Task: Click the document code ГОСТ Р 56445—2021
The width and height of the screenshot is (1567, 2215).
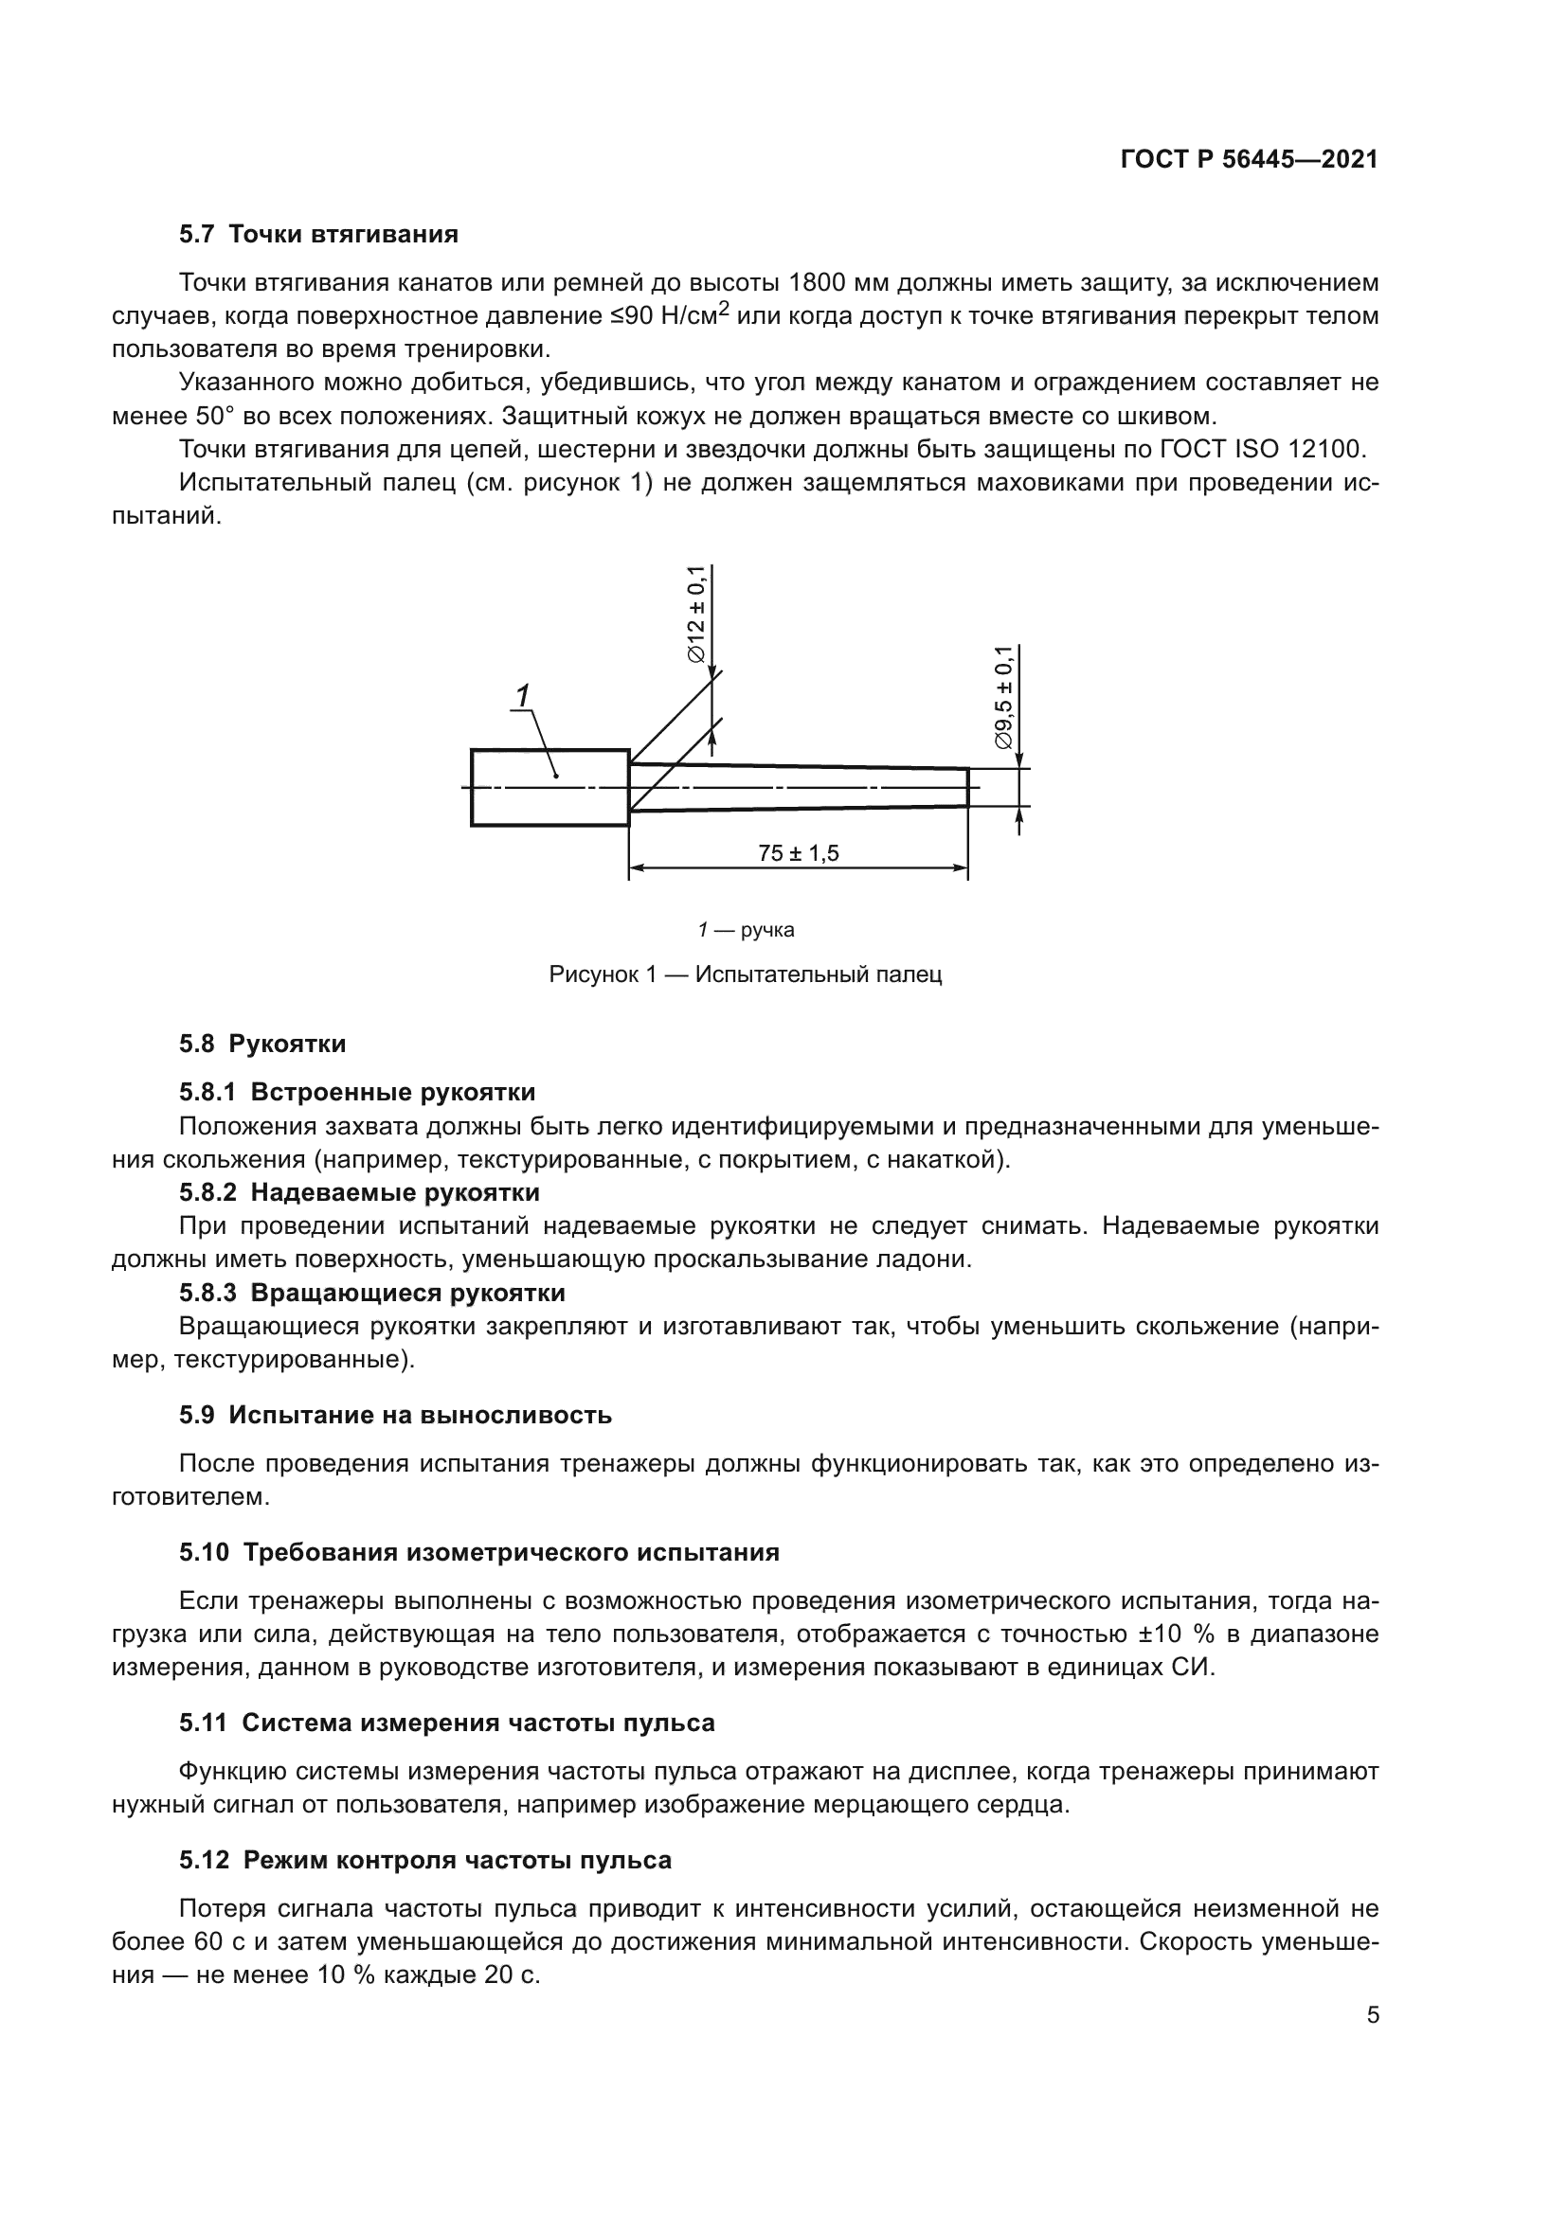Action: pyautogui.click(x=1249, y=159)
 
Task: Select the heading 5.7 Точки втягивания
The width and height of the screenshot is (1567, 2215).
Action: pyautogui.click(x=318, y=235)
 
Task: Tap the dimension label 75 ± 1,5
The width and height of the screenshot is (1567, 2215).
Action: pyautogui.click(x=798, y=853)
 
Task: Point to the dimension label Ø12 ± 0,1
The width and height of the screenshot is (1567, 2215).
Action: pyautogui.click(x=695, y=615)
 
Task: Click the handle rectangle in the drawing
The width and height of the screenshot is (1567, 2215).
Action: pyautogui.click(x=550, y=787)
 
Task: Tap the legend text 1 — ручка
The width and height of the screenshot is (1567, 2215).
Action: pyautogui.click(x=746, y=930)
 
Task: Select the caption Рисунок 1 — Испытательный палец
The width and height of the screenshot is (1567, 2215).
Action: pyautogui.click(x=745, y=974)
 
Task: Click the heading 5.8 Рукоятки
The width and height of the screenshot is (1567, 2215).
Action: pyautogui.click(x=262, y=1044)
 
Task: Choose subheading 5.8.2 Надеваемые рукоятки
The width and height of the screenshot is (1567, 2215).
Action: pyautogui.click(x=359, y=1192)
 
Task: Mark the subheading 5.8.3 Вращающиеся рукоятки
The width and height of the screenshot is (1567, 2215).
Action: pyautogui.click(x=371, y=1293)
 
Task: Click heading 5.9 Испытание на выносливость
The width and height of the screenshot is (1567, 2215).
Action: pyautogui.click(x=396, y=1415)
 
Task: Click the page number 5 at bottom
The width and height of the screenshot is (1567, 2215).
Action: pyautogui.click(x=1373, y=2015)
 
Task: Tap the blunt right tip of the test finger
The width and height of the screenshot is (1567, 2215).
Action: pyautogui.click(x=967, y=787)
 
